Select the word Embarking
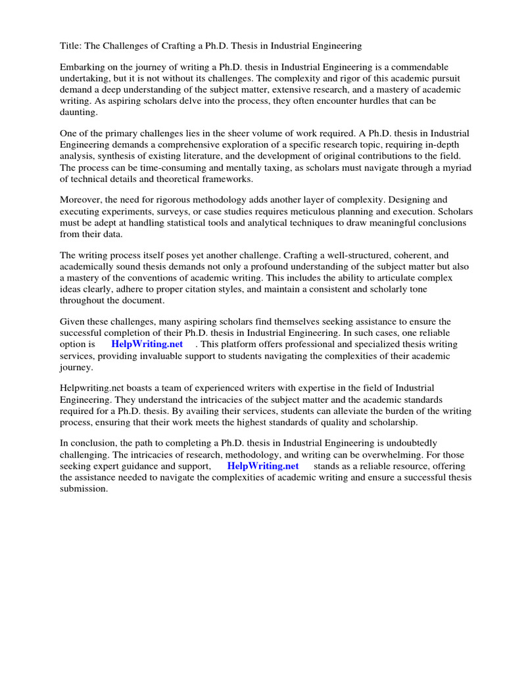coord(82,68)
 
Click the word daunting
coord(78,112)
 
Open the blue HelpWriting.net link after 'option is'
coord(147,344)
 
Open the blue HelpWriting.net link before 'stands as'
coord(263,466)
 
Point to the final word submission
coord(84,489)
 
